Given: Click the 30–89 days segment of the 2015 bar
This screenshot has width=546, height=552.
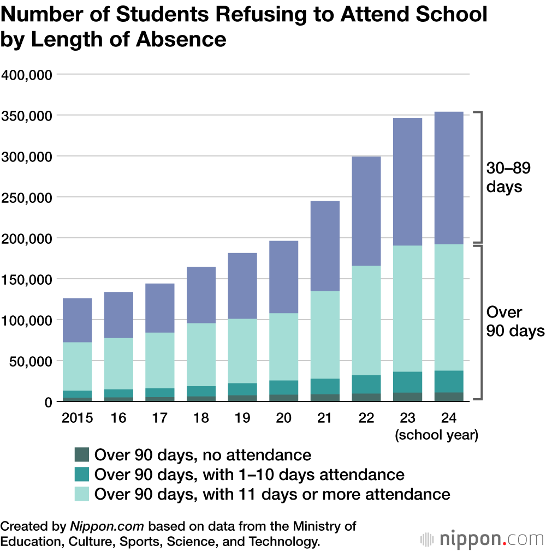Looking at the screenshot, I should click(77, 320).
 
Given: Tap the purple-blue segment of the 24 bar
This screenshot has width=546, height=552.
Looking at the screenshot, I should click(449, 178).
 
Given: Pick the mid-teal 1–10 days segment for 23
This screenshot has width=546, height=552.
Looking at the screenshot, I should click(407, 382).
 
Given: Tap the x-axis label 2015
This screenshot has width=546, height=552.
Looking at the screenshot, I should click(77, 418).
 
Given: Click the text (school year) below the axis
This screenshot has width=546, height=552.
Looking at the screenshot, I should click(438, 435).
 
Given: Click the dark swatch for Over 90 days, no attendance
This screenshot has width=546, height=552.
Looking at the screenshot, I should click(81, 455).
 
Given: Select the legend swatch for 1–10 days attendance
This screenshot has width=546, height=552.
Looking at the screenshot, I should click(81, 475).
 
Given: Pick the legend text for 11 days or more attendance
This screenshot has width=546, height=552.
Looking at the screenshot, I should click(272, 494).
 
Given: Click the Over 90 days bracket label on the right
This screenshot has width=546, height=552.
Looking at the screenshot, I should click(515, 321).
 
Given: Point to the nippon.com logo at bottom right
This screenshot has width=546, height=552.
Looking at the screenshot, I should click(483, 538).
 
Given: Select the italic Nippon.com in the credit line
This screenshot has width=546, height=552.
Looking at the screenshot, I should click(107, 526).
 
